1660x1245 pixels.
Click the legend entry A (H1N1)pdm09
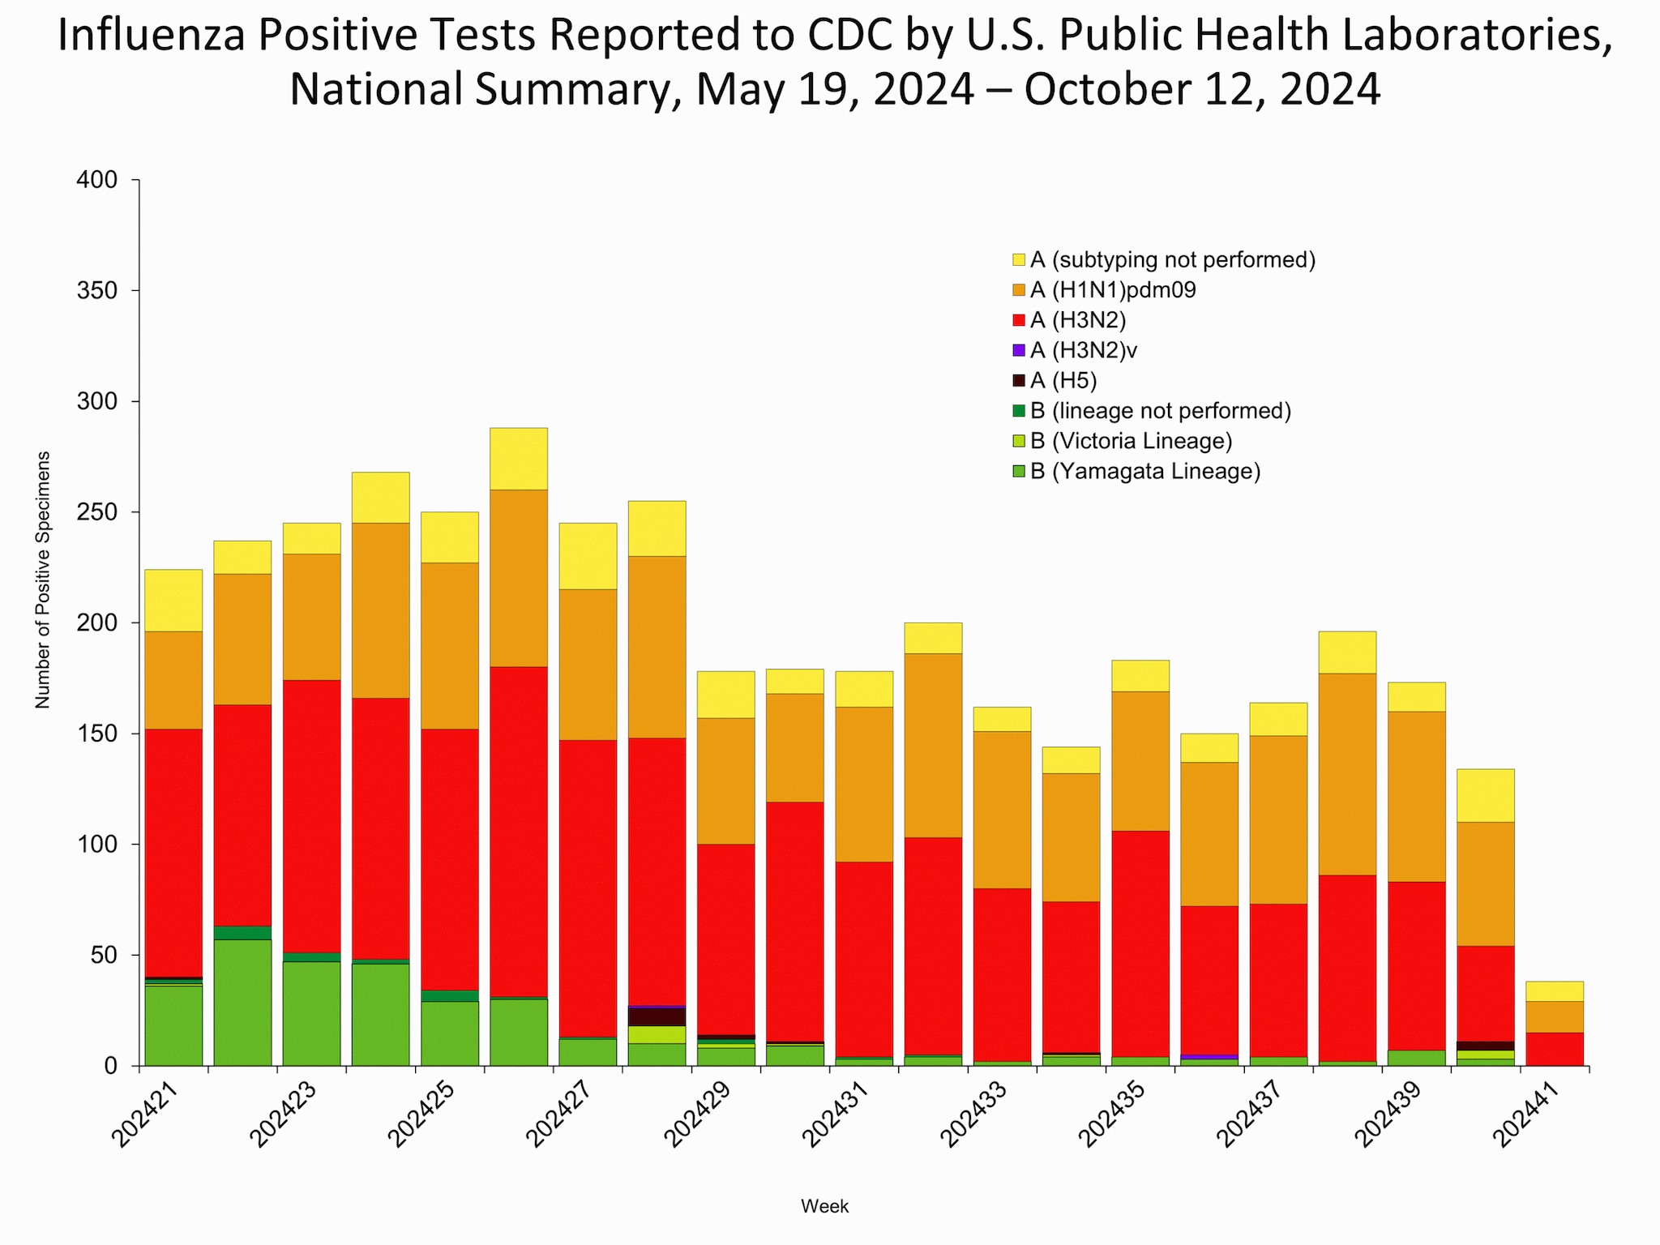point(1112,290)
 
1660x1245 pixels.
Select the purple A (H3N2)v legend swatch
point(1019,350)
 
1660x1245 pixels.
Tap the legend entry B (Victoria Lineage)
point(1130,441)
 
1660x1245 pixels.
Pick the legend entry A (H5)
point(1063,380)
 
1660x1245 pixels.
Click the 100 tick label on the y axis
point(97,845)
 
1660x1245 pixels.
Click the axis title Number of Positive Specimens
point(43,580)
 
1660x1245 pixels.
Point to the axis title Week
point(824,1206)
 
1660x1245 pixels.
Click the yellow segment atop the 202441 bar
point(1554,991)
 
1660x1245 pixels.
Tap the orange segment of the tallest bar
point(518,578)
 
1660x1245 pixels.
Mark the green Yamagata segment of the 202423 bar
point(311,1013)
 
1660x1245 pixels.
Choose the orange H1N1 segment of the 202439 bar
point(1416,796)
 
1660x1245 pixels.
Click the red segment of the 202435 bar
point(1140,943)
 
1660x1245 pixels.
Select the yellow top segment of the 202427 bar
point(588,556)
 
